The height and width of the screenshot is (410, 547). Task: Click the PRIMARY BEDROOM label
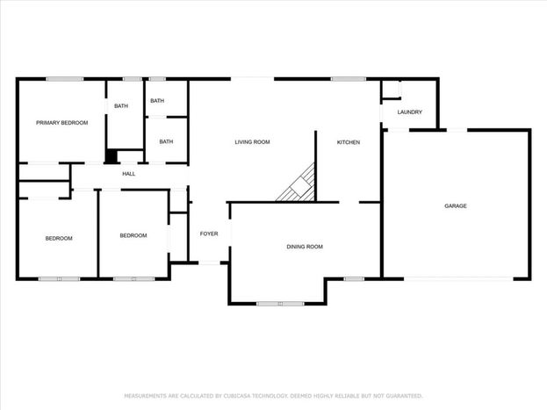pyautogui.click(x=61, y=123)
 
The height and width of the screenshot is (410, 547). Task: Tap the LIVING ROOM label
pyautogui.click(x=252, y=142)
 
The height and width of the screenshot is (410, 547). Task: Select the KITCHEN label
pyautogui.click(x=349, y=142)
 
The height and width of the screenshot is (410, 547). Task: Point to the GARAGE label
pyautogui.click(x=456, y=205)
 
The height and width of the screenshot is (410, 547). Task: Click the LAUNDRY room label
pyautogui.click(x=409, y=112)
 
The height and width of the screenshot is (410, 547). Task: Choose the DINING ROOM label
pyautogui.click(x=305, y=247)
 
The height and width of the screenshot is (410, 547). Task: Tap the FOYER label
pyautogui.click(x=209, y=234)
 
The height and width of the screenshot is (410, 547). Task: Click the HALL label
pyautogui.click(x=129, y=174)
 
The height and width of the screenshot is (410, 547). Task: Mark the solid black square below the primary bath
pyautogui.click(x=112, y=156)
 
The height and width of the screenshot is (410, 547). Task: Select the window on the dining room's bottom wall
pyautogui.click(x=280, y=304)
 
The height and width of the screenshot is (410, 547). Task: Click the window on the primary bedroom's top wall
pyautogui.click(x=65, y=79)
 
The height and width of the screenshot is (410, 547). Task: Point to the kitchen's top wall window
pyautogui.click(x=349, y=79)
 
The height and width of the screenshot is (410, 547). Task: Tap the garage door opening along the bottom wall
pyautogui.click(x=458, y=279)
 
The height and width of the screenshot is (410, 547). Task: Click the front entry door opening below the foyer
pyautogui.click(x=209, y=263)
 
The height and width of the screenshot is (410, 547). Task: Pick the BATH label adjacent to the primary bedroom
pyautogui.click(x=121, y=105)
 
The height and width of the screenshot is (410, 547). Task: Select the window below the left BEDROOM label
pyautogui.click(x=60, y=279)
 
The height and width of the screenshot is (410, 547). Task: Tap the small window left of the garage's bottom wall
pyautogui.click(x=354, y=279)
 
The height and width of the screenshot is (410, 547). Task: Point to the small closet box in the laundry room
pyautogui.click(x=391, y=90)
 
